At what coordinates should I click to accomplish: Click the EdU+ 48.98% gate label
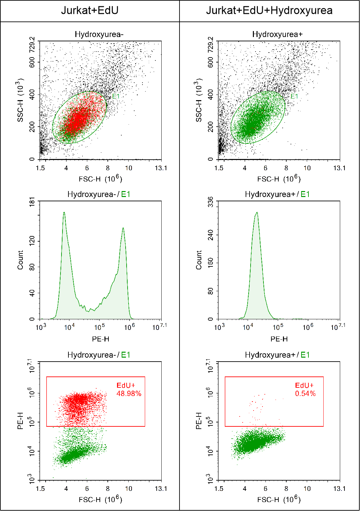pyautogui.click(x=129, y=389)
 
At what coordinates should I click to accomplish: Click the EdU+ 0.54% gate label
pyautogui.click(x=305, y=389)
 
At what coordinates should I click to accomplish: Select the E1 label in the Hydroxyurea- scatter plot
pyautogui.click(x=116, y=96)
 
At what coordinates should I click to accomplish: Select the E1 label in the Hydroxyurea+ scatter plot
pyautogui.click(x=294, y=96)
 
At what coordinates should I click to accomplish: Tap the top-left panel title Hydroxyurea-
pyautogui.click(x=99, y=34)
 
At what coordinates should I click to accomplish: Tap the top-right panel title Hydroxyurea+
pyautogui.click(x=277, y=34)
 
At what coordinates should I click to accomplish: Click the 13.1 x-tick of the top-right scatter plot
pyautogui.click(x=339, y=168)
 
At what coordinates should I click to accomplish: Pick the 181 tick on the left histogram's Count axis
pyautogui.click(x=32, y=202)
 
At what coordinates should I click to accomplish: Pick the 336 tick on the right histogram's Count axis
pyautogui.click(x=211, y=202)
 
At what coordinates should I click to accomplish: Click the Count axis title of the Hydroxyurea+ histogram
pyautogui.click(x=199, y=260)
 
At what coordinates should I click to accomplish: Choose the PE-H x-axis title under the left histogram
pyautogui.click(x=100, y=339)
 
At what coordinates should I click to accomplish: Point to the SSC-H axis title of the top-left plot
pyautogui.click(x=20, y=100)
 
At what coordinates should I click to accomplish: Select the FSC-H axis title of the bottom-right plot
pyautogui.click(x=279, y=499)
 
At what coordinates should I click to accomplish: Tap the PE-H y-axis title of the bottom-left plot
pyautogui.click(x=20, y=421)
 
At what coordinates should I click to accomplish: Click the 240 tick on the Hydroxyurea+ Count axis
pyautogui.click(x=211, y=235)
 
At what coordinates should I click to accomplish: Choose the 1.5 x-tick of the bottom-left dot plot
pyautogui.click(x=40, y=489)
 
